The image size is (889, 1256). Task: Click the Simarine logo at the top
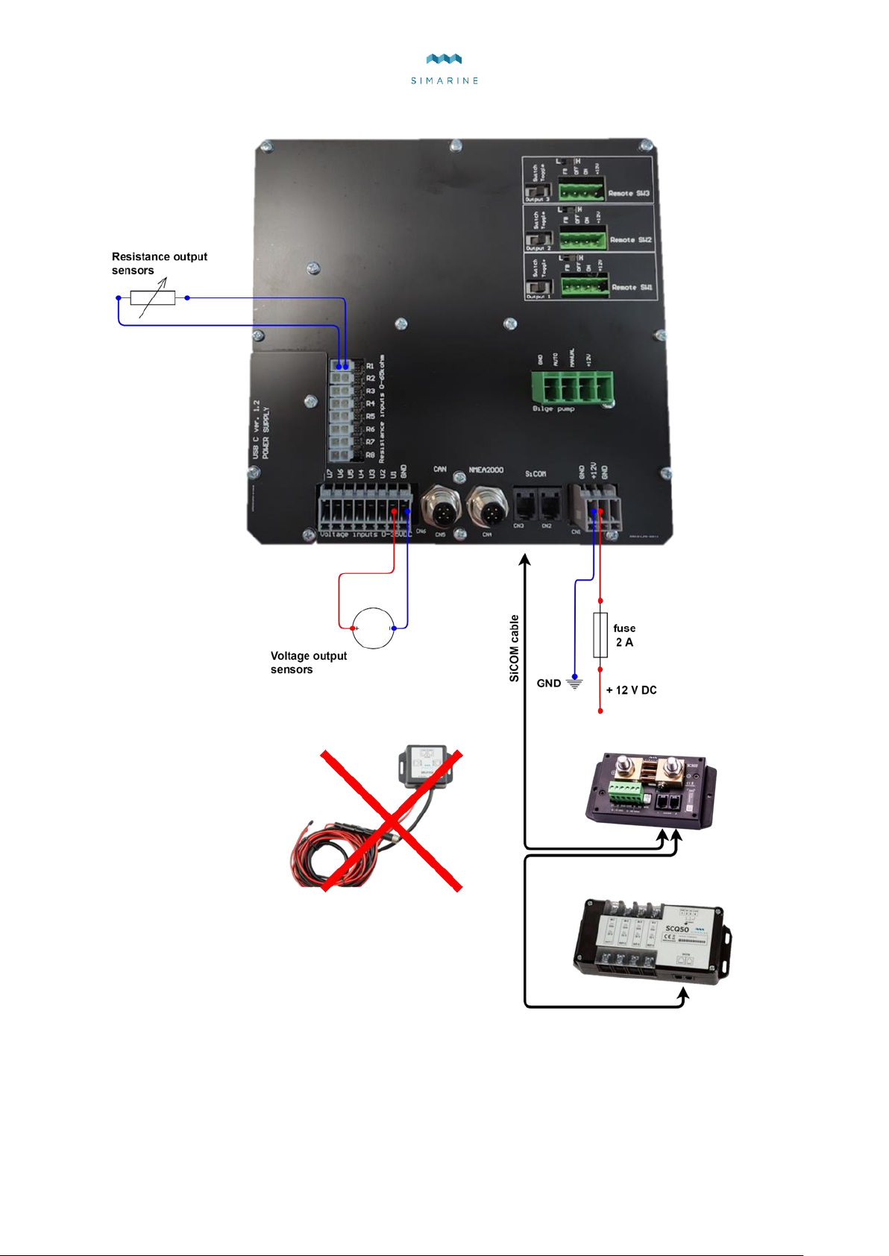(444, 68)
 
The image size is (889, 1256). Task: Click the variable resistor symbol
(153, 298)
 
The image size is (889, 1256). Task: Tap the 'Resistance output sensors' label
(160, 263)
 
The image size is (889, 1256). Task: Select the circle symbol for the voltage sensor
(373, 628)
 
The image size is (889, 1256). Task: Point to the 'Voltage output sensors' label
(308, 663)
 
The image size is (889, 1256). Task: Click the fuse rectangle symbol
(600, 635)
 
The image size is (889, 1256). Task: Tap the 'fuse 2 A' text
(624, 635)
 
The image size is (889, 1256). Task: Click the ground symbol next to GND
(574, 683)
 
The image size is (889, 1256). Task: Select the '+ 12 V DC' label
(631, 690)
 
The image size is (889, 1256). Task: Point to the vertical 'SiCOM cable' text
(514, 648)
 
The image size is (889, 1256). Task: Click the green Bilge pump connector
(572, 387)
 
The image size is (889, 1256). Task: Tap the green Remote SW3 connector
(582, 190)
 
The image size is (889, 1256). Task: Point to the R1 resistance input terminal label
(370, 366)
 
